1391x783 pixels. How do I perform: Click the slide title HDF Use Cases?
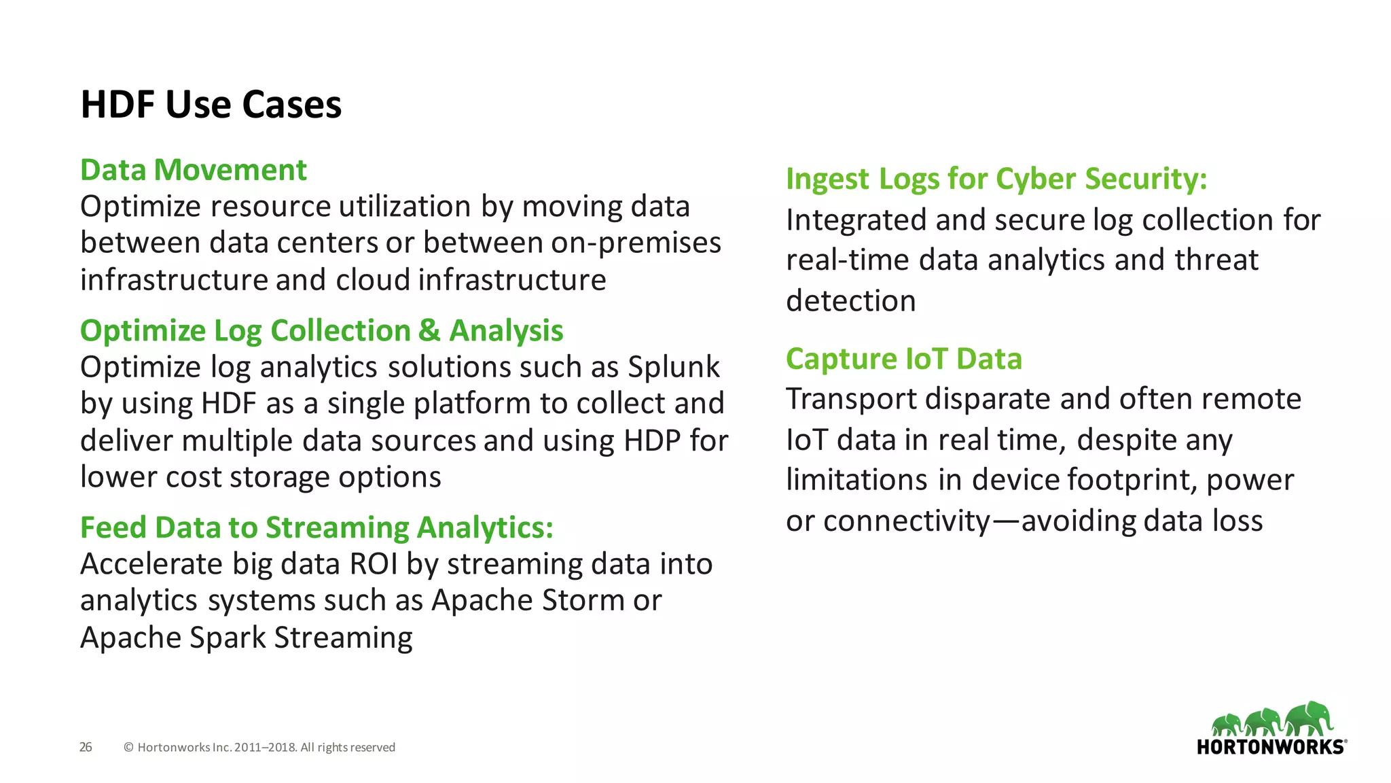pos(211,105)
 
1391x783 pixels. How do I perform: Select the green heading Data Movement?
pos(194,170)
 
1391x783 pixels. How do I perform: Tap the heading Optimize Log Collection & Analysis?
pos(321,331)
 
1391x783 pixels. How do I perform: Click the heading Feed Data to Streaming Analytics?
pos(317,527)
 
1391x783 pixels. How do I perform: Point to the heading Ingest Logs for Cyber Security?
pos(996,179)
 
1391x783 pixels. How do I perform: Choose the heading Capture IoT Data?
pos(903,359)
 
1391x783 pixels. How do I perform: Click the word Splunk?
pos(673,367)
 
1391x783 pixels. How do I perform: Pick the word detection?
pos(850,300)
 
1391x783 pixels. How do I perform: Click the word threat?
pos(1216,260)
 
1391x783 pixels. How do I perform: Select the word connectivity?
pos(907,521)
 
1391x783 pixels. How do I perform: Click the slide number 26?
pos(86,747)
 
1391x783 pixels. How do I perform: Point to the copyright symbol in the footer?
pos(128,748)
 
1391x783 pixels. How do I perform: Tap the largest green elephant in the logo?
pos(1309,719)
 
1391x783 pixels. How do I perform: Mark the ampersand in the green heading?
pos(429,331)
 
